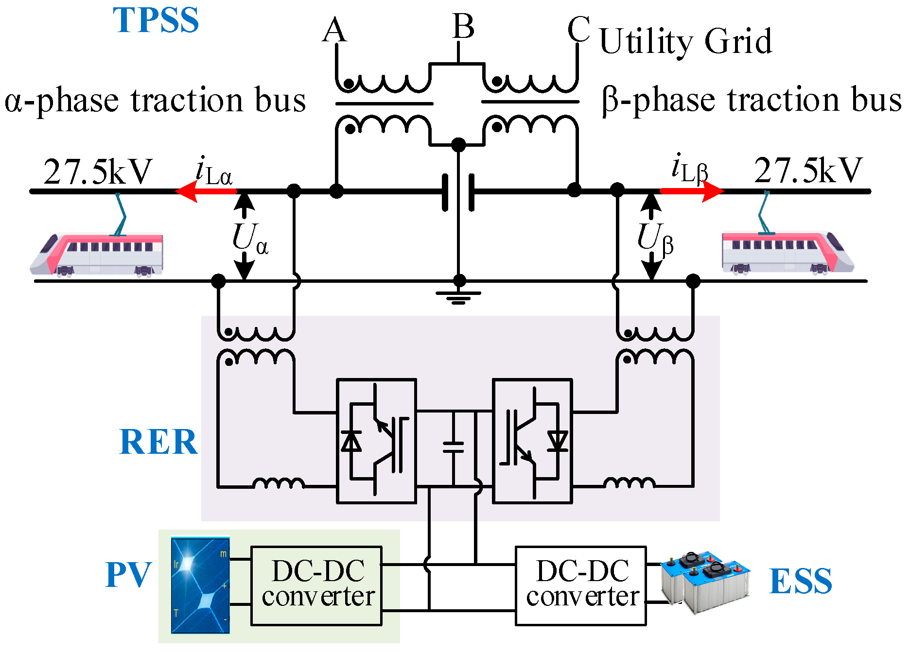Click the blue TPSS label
tap(156, 20)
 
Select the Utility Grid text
tap(685, 42)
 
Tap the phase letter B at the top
tap(463, 26)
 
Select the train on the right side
tap(787, 253)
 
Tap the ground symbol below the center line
tap(458, 296)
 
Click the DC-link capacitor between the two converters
tap(453, 447)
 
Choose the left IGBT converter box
tap(376, 441)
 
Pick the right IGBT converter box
tap(532, 441)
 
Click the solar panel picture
tap(200, 585)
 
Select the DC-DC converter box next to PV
tap(316, 585)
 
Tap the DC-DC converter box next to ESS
tap(580, 585)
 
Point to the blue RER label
tap(158, 442)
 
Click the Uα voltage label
tap(250, 239)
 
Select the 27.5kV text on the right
tap(808, 171)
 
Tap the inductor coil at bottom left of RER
tap(279, 483)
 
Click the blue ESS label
tap(801, 581)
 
